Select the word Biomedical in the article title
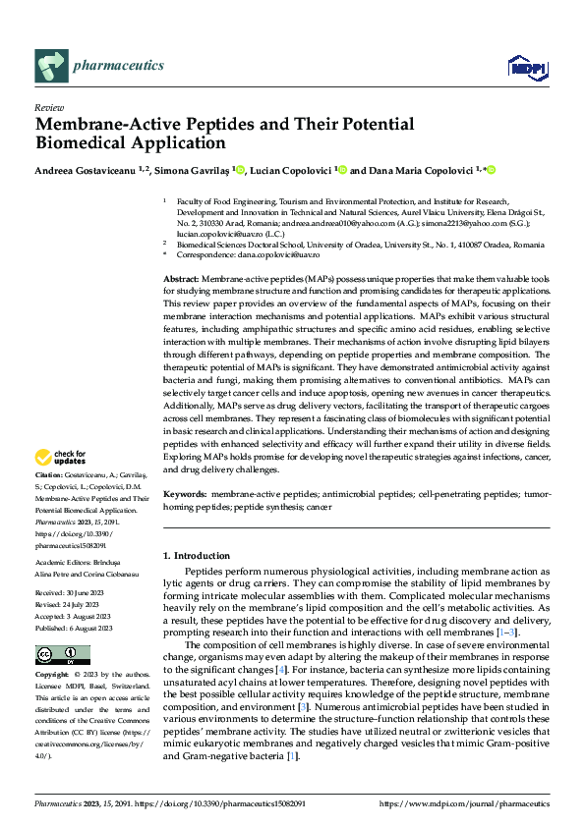click(x=80, y=143)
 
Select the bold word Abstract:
click(x=181, y=280)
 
